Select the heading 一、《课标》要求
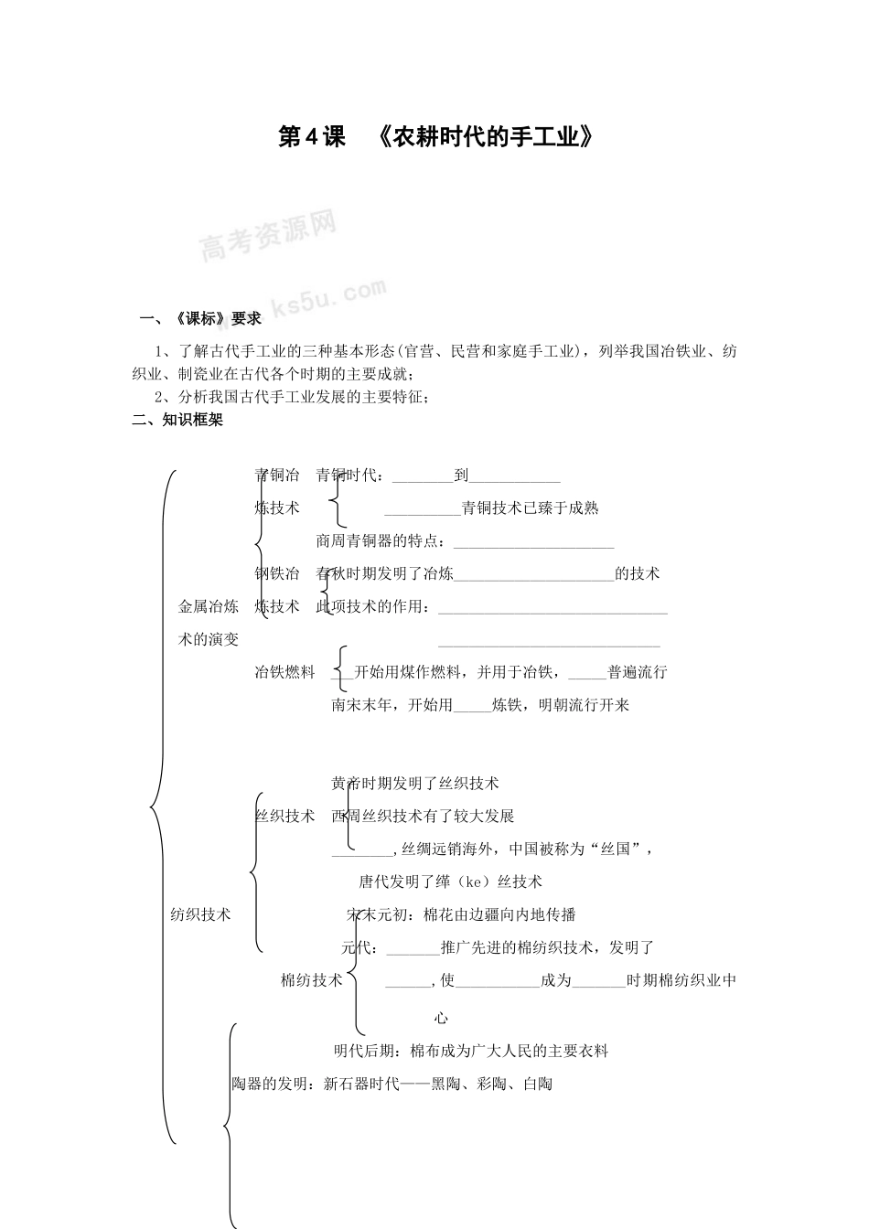coord(200,319)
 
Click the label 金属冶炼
coord(209,606)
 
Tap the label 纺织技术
coord(201,914)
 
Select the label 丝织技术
coord(284,816)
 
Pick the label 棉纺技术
coord(311,980)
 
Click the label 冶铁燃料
coord(284,672)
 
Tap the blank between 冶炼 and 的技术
coord(533,577)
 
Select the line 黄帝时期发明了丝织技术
coord(415,783)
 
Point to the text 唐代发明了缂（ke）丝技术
coord(450,882)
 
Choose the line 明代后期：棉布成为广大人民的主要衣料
coord(471,1051)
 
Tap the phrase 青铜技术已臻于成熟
coord(531,508)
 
